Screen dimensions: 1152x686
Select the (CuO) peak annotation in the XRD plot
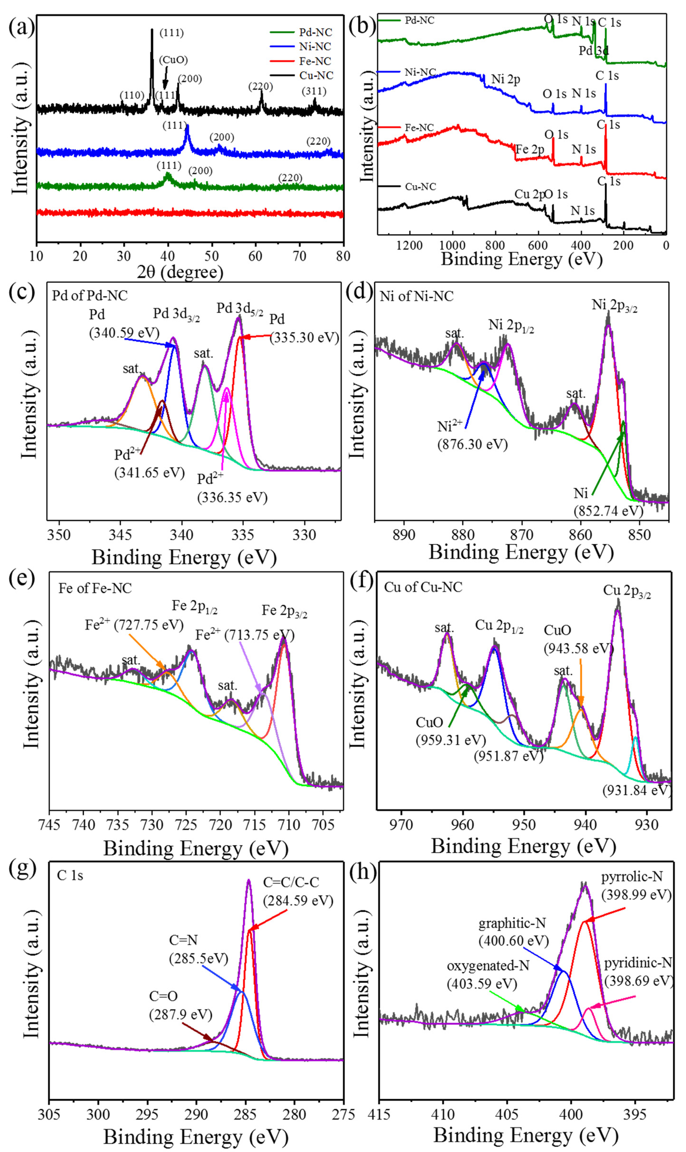coord(173,60)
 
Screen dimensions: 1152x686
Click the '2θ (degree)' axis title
coord(180,272)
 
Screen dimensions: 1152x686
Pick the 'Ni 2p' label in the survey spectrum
coord(506,80)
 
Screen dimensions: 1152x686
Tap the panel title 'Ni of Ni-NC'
coord(417,296)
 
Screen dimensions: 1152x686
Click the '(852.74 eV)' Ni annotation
coord(608,511)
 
